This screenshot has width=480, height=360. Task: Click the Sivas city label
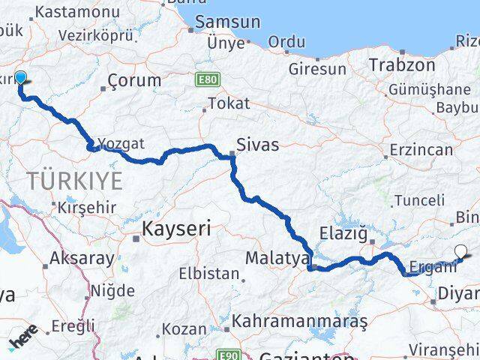click(x=258, y=144)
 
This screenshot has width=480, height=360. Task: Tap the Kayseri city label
click(x=178, y=228)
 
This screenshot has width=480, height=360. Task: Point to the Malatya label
click(x=277, y=258)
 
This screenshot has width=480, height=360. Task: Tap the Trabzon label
click(x=402, y=65)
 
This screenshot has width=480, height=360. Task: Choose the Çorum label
click(x=134, y=80)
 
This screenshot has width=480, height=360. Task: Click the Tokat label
click(x=228, y=104)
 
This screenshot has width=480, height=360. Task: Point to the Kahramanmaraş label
click(x=299, y=322)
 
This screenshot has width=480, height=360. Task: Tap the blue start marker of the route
click(x=20, y=78)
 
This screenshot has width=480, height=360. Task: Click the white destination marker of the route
click(x=460, y=253)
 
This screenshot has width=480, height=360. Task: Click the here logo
click(x=24, y=342)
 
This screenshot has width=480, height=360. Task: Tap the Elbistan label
click(x=208, y=274)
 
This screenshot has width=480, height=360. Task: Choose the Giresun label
click(x=318, y=70)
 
